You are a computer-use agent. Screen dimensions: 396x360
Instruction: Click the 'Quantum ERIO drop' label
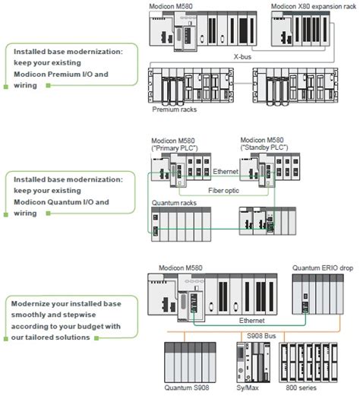321,268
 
